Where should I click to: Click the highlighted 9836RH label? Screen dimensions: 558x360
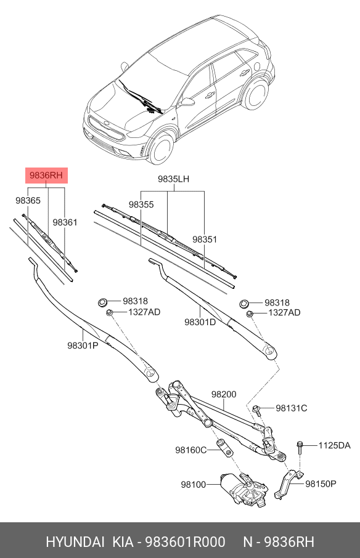point(46,177)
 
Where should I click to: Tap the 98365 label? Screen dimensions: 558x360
point(28,201)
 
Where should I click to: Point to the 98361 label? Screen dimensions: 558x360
point(65,222)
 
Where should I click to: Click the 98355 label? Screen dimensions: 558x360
point(141,204)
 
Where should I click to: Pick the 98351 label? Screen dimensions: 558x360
point(204,239)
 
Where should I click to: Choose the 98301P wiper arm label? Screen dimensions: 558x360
point(83,346)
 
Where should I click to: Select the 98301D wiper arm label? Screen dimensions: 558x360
point(200,321)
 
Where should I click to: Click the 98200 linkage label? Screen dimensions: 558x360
point(224,395)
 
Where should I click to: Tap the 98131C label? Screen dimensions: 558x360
point(291,408)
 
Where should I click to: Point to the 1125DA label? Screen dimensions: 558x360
point(334,445)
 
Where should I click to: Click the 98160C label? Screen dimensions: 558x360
point(191,450)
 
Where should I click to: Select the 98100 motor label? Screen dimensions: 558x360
point(193,485)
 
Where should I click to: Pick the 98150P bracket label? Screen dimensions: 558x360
point(321,483)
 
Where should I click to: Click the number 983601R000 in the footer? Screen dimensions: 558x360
point(184,542)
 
